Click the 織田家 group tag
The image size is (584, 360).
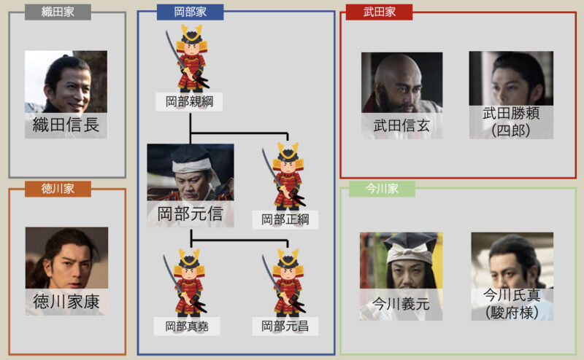click(58, 12)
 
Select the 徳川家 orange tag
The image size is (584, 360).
click(58, 189)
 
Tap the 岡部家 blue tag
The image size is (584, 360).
click(189, 12)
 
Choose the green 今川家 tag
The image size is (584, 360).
click(382, 189)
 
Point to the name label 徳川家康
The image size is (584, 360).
click(66, 300)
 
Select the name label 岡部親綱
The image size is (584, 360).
click(189, 101)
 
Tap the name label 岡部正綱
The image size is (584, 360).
click(285, 218)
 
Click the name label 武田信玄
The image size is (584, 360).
click(401, 125)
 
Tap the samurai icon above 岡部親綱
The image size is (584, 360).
click(189, 58)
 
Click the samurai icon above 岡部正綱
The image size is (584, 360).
click(285, 175)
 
